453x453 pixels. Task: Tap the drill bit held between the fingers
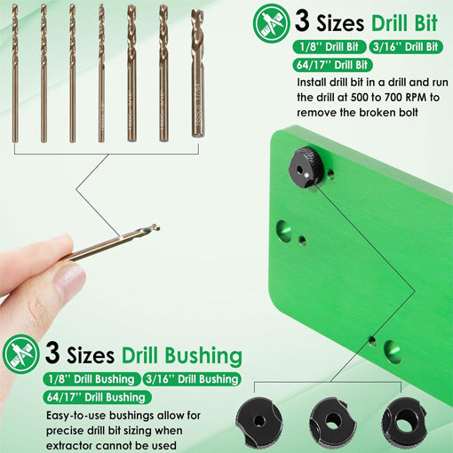(x=115, y=243)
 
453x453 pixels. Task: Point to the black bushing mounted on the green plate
(x=306, y=166)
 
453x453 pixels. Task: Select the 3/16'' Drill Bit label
(x=404, y=46)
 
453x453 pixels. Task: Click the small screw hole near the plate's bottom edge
(x=374, y=340)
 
